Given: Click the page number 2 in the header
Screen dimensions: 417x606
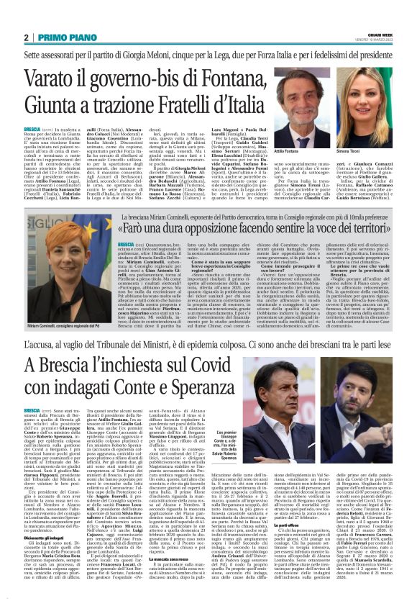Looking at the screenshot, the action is coord(26,37).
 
